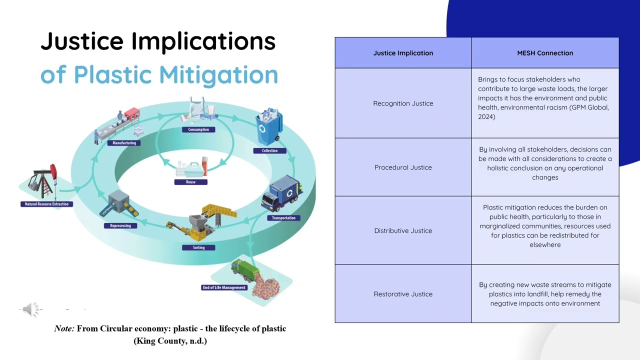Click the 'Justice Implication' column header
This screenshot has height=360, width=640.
click(403, 53)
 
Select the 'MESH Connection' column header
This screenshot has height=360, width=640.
click(545, 53)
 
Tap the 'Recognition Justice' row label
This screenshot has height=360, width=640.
click(403, 103)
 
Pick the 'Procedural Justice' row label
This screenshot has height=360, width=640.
click(403, 167)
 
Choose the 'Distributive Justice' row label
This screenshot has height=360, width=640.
click(403, 231)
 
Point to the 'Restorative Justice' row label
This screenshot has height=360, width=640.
click(403, 294)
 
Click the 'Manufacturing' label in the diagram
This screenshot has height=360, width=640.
click(124, 143)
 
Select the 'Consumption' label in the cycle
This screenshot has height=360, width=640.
click(198, 129)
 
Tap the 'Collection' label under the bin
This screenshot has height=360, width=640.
click(269, 150)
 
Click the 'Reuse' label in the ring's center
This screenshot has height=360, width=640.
click(190, 182)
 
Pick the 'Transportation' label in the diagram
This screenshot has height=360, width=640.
click(283, 218)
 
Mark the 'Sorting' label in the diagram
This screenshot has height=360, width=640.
click(198, 247)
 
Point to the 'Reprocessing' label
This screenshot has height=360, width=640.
click(120, 225)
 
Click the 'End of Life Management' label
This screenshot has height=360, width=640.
click(224, 287)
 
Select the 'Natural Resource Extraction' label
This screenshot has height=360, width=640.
click(46, 204)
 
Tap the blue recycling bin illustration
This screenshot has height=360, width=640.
click(269, 127)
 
